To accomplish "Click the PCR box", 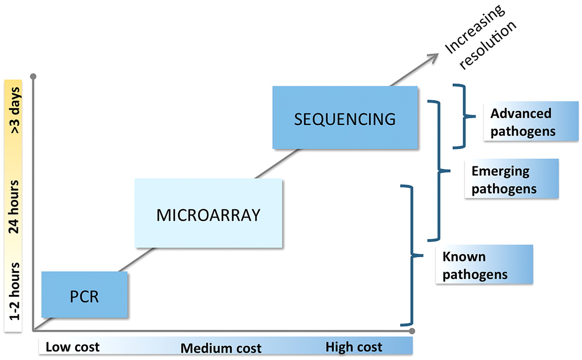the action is tap(85, 295).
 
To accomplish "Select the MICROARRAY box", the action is tap(208, 213).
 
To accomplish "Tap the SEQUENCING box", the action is tap(345, 117).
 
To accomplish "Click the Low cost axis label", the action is tap(72, 347).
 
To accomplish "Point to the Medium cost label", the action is tap(221, 348).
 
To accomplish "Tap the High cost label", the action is tap(354, 347).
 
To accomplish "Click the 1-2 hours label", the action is tap(14, 291).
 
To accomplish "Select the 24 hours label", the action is tap(14, 207).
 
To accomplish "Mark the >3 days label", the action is tap(15, 110).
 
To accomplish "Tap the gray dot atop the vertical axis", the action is tap(33, 76).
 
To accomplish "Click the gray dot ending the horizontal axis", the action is tap(412, 331).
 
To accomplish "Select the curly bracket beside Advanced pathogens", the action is tap(464, 116).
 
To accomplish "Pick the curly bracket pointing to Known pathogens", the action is tap(412, 255).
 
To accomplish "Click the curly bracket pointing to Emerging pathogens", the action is tap(439, 170).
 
